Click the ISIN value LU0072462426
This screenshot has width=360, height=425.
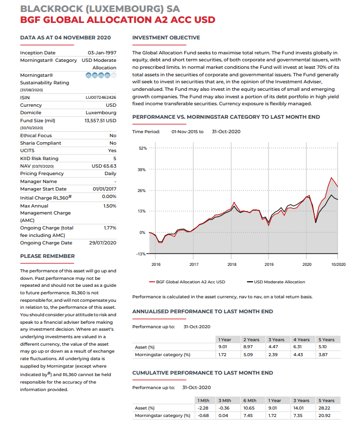(x=101, y=97)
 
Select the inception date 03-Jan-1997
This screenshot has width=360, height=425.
(x=102, y=52)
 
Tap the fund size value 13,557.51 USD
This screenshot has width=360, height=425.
(x=100, y=120)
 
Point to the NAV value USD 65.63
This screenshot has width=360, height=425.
(x=104, y=166)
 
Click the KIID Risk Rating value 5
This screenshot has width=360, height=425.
(x=115, y=158)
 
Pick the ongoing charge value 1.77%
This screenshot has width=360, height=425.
(x=110, y=227)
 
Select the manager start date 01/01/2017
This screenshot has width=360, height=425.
(x=104, y=189)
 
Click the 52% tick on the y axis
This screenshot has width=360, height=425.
(x=142, y=148)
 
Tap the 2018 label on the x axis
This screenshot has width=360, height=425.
(x=232, y=263)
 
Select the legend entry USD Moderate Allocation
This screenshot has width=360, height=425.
(x=279, y=282)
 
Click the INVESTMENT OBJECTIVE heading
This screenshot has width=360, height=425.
(x=166, y=38)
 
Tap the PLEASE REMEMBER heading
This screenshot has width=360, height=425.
(x=47, y=256)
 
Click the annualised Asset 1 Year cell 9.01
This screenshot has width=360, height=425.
(x=223, y=347)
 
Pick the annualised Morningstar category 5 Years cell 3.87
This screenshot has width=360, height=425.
(x=324, y=355)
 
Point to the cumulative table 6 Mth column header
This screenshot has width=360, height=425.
(x=250, y=400)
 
